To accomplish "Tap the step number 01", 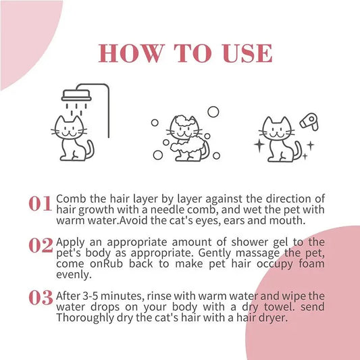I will click(x=41, y=204).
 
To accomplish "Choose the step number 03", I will click(x=41, y=297).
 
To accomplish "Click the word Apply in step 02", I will click(x=73, y=242).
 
